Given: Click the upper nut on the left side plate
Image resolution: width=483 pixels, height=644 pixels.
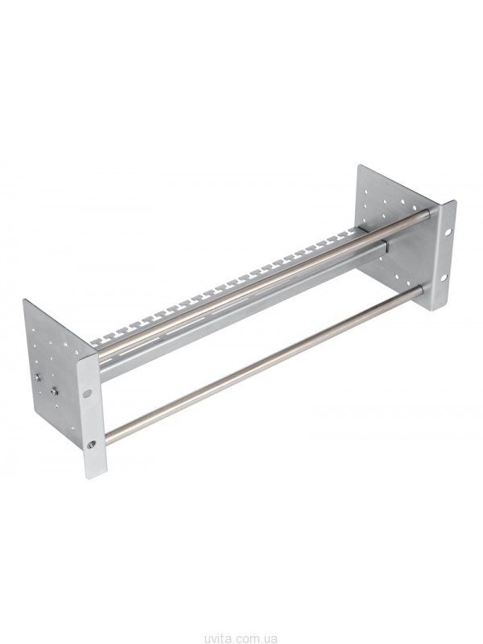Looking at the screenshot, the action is pyautogui.click(x=37, y=378).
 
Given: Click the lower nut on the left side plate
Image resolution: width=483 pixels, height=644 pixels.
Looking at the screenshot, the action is pyautogui.click(x=53, y=390).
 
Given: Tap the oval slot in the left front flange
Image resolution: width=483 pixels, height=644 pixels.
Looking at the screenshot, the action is pyautogui.click(x=88, y=394).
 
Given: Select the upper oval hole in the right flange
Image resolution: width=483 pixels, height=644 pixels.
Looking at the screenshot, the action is pyautogui.click(x=446, y=232).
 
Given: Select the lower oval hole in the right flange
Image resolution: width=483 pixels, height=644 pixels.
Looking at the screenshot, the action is pyautogui.click(x=444, y=278).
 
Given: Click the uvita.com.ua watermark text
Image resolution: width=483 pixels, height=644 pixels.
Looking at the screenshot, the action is pyautogui.click(x=242, y=638).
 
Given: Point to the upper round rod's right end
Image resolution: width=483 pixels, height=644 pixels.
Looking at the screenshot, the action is pyautogui.click(x=427, y=213).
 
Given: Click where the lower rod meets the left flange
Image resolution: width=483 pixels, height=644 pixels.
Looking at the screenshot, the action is pyautogui.click(x=108, y=435).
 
